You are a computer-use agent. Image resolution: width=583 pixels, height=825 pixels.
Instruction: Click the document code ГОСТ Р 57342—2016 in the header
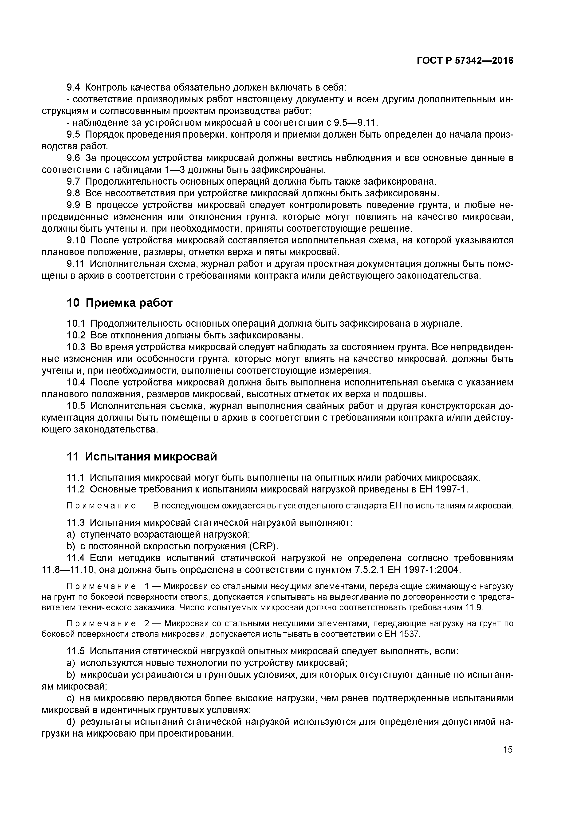click(x=465, y=61)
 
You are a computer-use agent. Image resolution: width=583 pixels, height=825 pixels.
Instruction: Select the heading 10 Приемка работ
click(x=120, y=303)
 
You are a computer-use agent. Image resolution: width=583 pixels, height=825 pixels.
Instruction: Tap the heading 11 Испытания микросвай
click(x=142, y=457)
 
